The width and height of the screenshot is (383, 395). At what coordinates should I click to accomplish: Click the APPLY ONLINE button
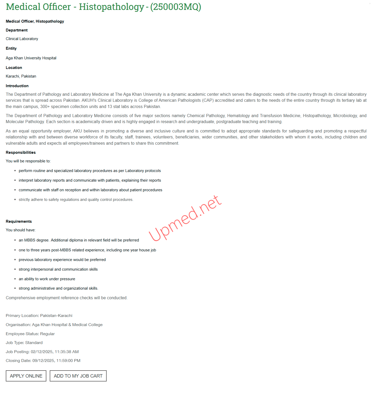[x=26, y=376]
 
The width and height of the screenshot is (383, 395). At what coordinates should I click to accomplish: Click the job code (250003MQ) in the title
[x=176, y=7]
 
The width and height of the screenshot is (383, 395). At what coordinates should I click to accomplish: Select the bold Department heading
[x=17, y=30]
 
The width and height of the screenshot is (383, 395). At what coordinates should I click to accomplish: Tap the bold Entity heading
[x=11, y=48]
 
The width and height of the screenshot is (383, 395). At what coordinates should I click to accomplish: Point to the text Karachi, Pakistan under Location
[x=21, y=76]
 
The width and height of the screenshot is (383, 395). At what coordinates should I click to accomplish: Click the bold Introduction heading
[x=17, y=86]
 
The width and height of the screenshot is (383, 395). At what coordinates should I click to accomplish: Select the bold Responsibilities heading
[x=21, y=152]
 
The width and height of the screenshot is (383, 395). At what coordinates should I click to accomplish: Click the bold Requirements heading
[x=19, y=221]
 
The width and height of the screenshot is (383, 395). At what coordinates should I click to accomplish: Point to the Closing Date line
[x=43, y=361]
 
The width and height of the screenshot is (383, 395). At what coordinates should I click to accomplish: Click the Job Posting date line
[x=42, y=352]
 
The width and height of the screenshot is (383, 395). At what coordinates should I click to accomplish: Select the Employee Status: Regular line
[x=30, y=334]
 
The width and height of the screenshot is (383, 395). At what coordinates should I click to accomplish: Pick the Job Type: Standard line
[x=24, y=343]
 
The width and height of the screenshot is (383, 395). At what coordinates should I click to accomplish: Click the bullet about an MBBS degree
[x=79, y=240]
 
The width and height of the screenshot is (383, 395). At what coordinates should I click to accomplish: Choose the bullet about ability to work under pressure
[x=47, y=279]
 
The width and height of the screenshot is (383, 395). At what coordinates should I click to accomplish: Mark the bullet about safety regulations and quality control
[x=76, y=200]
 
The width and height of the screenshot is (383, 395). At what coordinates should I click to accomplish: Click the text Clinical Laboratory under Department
[x=22, y=39]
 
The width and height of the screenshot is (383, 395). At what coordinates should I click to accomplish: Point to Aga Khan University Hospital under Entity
[x=31, y=58]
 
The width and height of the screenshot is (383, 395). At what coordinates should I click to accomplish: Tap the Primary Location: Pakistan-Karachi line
[x=39, y=316]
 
